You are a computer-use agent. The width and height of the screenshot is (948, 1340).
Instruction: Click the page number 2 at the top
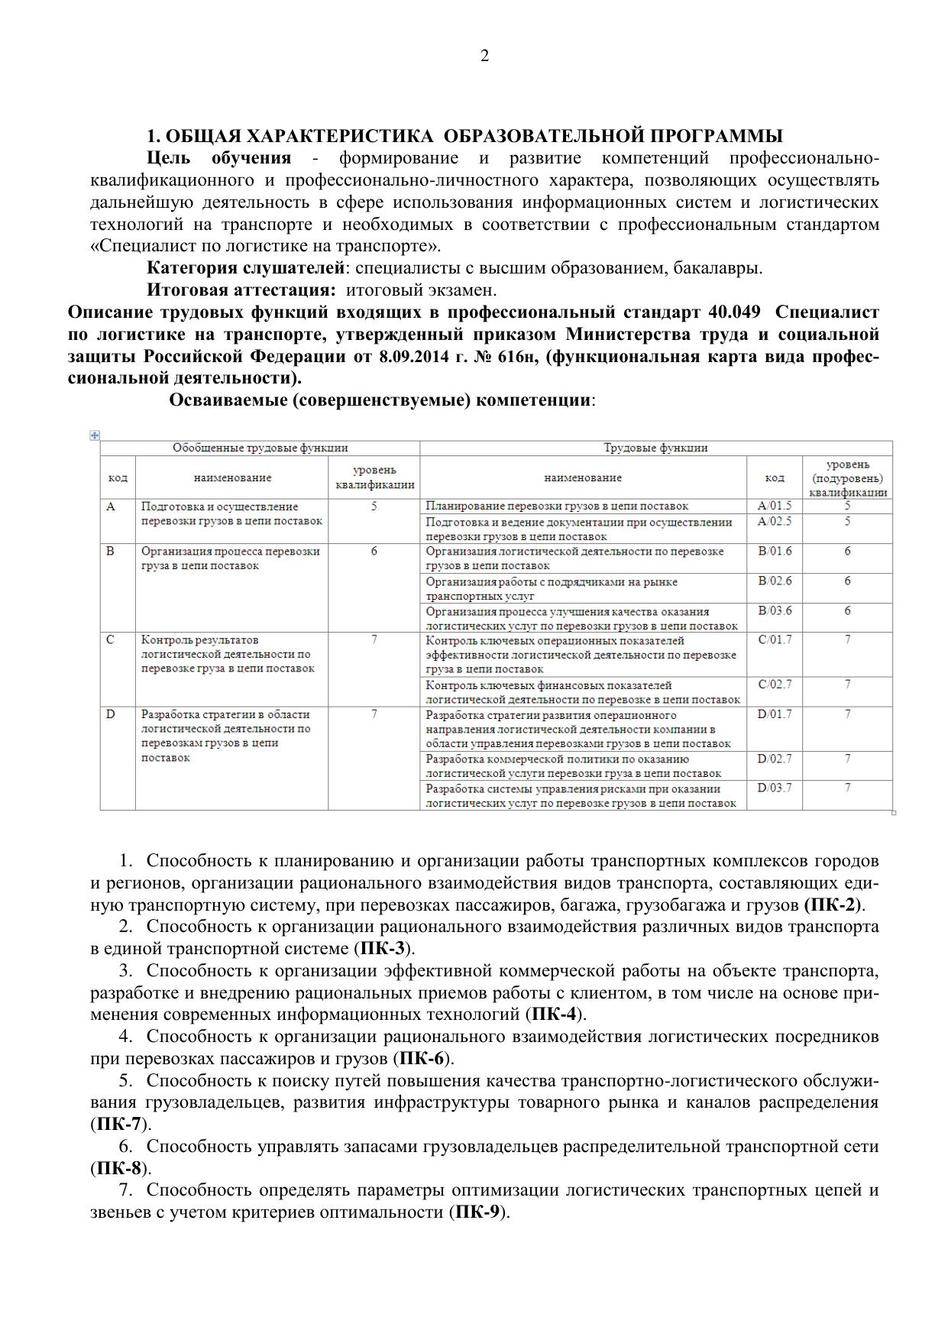(484, 56)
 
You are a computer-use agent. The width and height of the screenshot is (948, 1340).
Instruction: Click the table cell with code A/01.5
(774, 506)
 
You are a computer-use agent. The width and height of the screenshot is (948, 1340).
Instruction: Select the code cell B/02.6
(775, 581)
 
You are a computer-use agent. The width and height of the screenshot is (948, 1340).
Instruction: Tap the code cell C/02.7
(775, 684)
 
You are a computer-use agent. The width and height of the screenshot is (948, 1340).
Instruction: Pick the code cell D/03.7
(774, 788)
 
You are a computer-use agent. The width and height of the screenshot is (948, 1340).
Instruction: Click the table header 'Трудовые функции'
(655, 448)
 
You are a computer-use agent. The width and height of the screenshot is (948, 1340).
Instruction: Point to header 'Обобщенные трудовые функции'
(260, 448)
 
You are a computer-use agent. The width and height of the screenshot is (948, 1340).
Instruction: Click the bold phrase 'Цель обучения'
(218, 158)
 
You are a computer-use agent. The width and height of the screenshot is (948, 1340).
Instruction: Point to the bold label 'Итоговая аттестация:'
(241, 290)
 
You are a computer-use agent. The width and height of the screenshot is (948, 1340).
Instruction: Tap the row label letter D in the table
(111, 714)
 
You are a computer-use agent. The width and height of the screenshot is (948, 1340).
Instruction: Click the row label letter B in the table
(111, 551)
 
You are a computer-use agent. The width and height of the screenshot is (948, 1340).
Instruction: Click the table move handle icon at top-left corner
(95, 435)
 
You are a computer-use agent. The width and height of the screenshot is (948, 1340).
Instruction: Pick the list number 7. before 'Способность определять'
(126, 1190)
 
